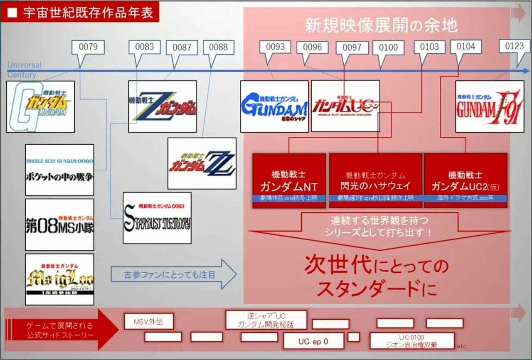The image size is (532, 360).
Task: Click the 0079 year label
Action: coord(88,47)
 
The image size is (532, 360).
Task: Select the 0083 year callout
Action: coord(145,47)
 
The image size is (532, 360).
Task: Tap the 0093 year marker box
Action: coord(275,47)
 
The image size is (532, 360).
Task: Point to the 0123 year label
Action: coord(515,46)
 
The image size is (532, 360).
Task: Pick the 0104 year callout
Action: coord(465,47)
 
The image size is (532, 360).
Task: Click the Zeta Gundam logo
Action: coord(163,106)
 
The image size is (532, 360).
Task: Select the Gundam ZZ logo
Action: coord(202,163)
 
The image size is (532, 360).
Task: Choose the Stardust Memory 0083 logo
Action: coord(157,218)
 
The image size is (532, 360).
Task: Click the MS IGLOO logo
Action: coord(59,279)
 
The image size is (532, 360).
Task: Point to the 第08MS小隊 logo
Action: coord(59,224)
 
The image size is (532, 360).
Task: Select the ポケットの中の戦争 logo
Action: coord(59,170)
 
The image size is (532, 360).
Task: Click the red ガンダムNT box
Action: coord(289,180)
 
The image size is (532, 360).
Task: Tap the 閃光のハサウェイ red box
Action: coord(376,180)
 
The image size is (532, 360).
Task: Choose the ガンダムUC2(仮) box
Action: coord(465,180)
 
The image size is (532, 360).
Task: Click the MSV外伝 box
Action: coord(148,321)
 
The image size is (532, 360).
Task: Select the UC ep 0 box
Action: coord(313,341)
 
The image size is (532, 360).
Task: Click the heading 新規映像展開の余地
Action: coord(381,26)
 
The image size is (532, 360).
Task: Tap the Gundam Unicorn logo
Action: coord(345,106)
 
